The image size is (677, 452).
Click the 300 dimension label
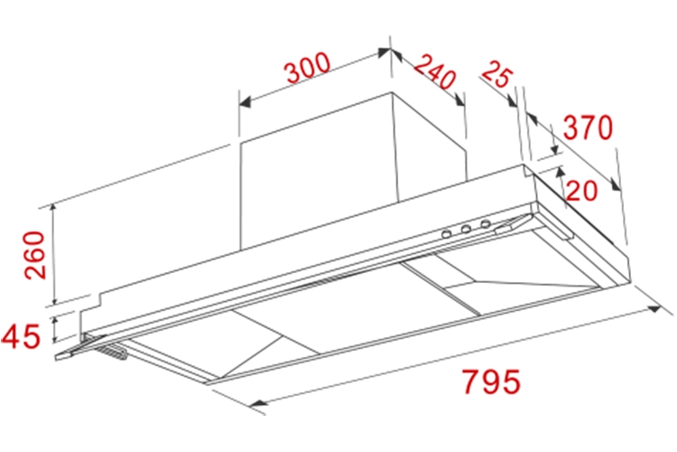pyautogui.click(x=309, y=68)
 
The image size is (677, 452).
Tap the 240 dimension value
pyautogui.click(x=435, y=72)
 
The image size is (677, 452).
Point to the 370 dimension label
pyautogui.click(x=588, y=127)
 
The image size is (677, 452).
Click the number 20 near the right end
pyautogui.click(x=581, y=191)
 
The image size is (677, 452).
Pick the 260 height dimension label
pyautogui.click(x=34, y=255)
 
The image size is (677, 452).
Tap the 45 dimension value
pyautogui.click(x=20, y=335)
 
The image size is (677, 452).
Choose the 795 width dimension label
pyautogui.click(x=491, y=381)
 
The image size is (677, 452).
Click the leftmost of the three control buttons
pyautogui.click(x=447, y=234)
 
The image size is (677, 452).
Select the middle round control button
pyautogui.click(x=466, y=229)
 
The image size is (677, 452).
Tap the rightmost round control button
pyautogui.click(x=486, y=223)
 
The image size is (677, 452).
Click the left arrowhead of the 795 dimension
pyautogui.click(x=257, y=403)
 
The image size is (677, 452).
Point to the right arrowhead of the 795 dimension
pyautogui.click(x=654, y=308)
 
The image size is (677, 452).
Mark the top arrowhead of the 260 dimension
pyautogui.click(x=53, y=209)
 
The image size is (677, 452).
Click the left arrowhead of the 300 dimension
pyautogui.click(x=245, y=102)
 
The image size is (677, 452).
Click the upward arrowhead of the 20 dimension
pyautogui.click(x=560, y=172)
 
